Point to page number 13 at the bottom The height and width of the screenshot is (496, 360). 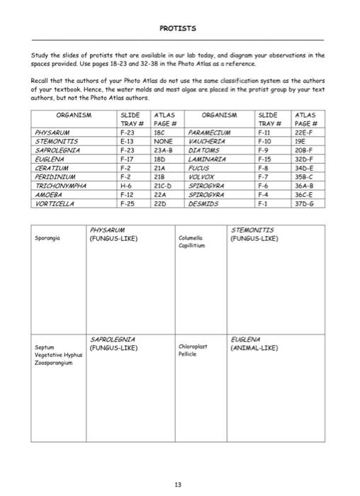click(x=177, y=485)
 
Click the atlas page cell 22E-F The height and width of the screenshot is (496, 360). click(x=306, y=132)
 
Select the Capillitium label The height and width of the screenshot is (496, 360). click(x=195, y=245)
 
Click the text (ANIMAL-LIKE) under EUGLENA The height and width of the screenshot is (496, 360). click(x=254, y=349)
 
